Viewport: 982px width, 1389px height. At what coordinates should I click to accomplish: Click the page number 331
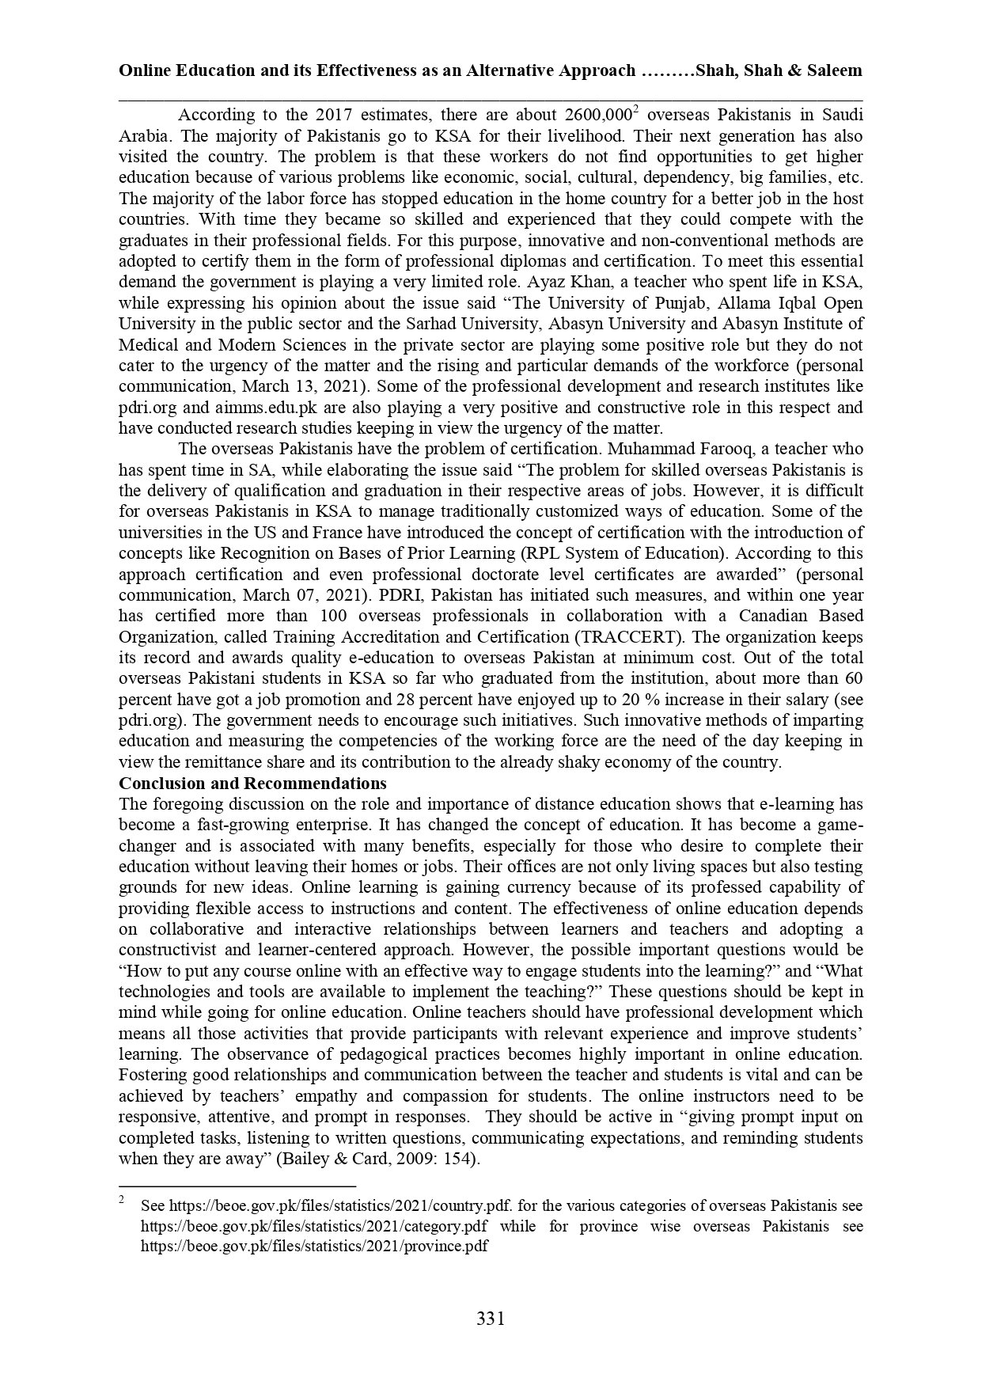click(491, 1319)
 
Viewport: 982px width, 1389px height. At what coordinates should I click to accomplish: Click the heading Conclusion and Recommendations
click(252, 784)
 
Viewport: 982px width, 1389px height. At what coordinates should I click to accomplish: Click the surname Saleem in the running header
click(834, 70)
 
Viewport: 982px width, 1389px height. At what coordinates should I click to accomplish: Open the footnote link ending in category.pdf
click(314, 1227)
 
